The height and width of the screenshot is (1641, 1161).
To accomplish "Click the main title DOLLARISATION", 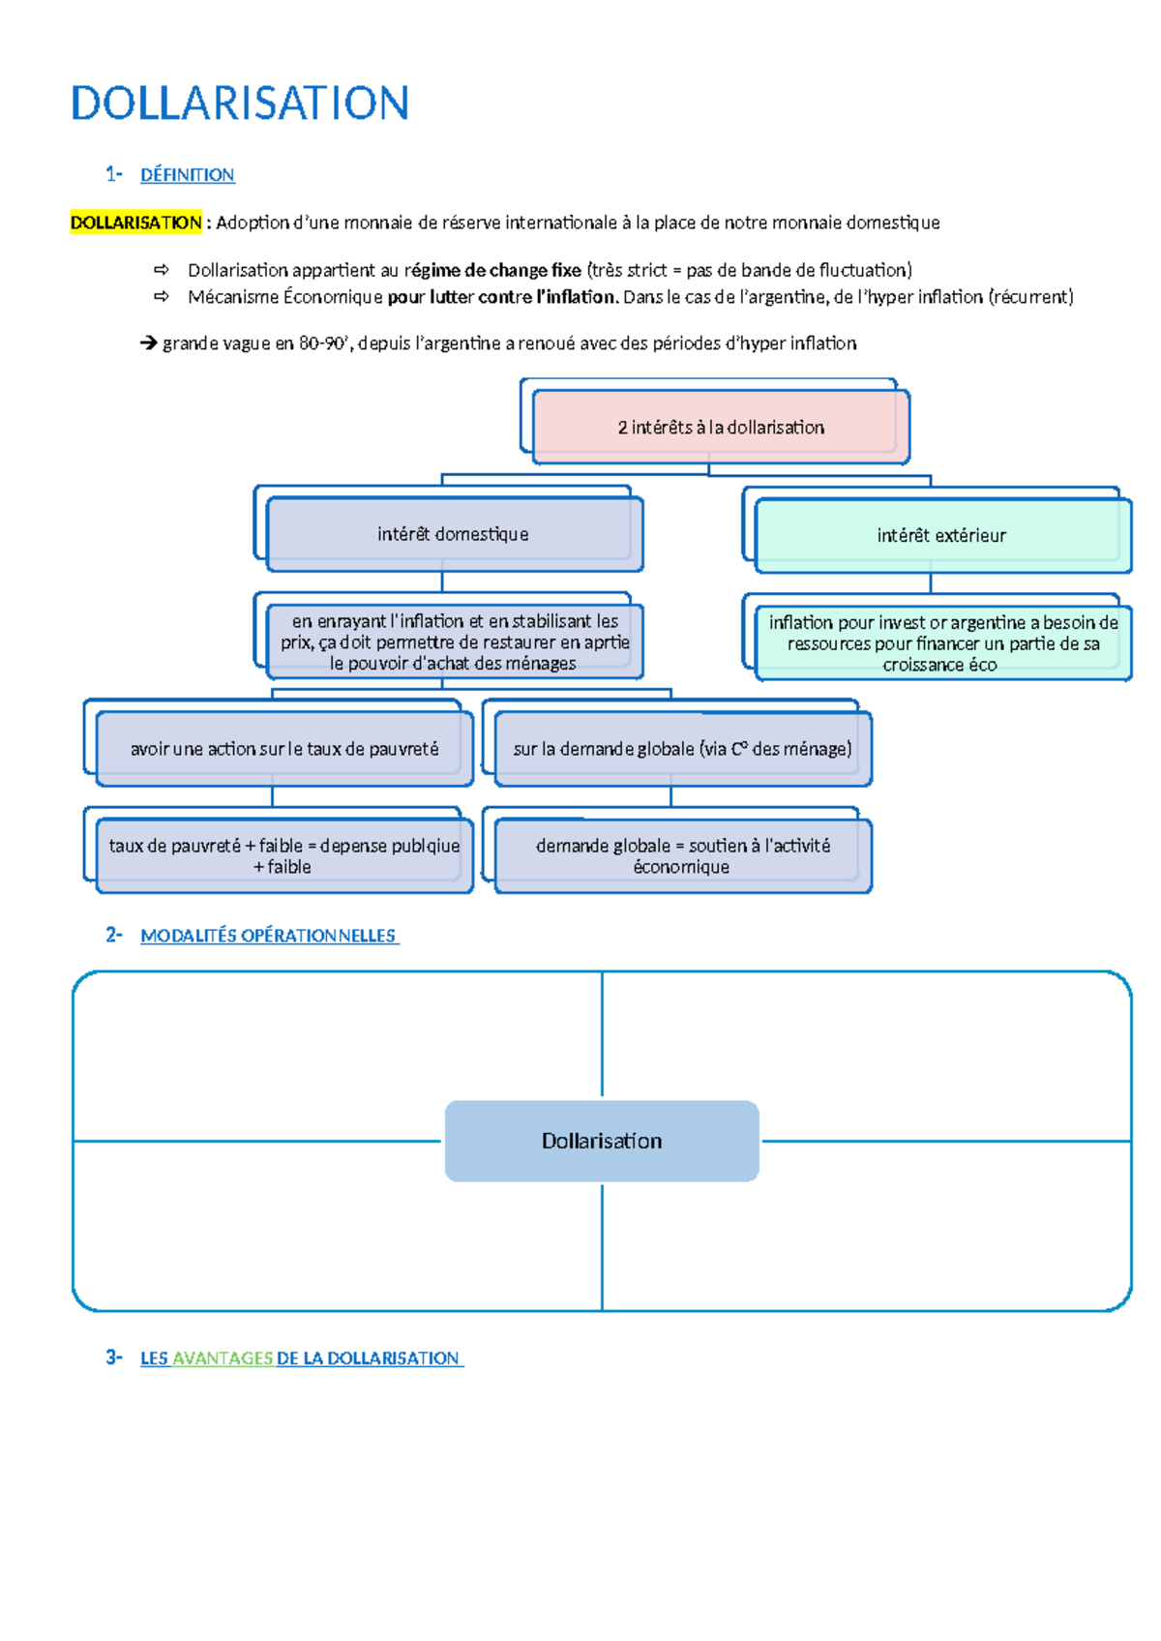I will [x=240, y=104].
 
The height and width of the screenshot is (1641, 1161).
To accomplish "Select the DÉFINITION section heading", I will [x=187, y=175].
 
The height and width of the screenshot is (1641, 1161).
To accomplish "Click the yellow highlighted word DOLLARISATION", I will [x=135, y=223].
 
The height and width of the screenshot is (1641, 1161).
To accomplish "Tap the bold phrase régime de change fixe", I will [x=493, y=270].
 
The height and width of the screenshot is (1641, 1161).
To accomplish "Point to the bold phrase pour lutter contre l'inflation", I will [x=502, y=297].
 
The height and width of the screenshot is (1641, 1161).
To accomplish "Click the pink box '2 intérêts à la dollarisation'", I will [x=721, y=427].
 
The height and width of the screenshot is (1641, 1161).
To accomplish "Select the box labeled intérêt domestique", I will [x=453, y=534].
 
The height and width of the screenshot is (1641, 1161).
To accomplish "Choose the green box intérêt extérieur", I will [x=941, y=535].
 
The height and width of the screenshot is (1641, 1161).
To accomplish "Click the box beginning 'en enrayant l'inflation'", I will [x=455, y=641].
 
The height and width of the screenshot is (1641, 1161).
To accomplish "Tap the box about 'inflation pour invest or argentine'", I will [x=942, y=643].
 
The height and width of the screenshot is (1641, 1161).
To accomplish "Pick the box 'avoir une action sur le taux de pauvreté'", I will [x=283, y=749].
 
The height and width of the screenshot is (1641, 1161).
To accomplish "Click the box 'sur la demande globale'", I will [x=682, y=749].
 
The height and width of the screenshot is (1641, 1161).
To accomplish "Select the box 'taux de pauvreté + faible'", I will [x=283, y=855].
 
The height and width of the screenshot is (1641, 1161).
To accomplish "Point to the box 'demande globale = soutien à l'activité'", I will [x=682, y=855].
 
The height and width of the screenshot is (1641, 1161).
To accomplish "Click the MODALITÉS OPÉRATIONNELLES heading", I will [x=268, y=936].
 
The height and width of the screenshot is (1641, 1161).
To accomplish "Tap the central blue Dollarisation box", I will [x=602, y=1141].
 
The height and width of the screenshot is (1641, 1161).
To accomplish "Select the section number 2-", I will [x=114, y=935].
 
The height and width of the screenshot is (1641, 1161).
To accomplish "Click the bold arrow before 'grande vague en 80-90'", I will [x=148, y=343].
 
